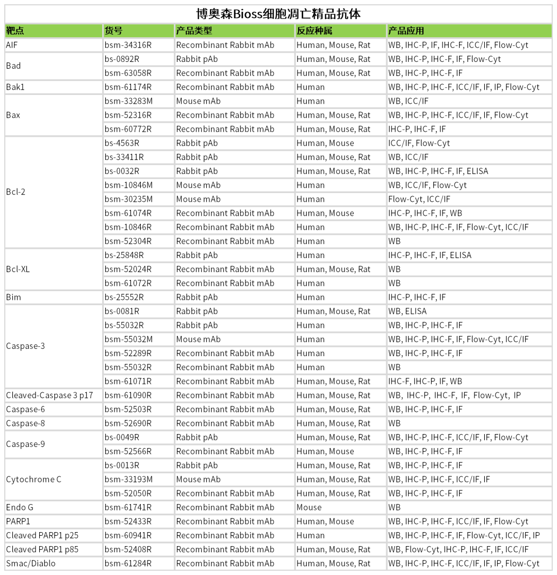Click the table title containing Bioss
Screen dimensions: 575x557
(278, 13)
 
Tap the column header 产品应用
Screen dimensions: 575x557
(406, 31)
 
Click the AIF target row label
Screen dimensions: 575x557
(12, 45)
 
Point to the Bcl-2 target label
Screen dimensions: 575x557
(15, 192)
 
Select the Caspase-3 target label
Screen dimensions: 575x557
(25, 346)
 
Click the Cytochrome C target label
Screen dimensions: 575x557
(34, 480)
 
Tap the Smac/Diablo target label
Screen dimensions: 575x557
(30, 564)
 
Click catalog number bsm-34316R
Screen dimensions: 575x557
(128, 45)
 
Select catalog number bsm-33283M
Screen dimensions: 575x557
(129, 101)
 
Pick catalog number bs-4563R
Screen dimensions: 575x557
(122, 143)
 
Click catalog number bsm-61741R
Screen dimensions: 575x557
(128, 507)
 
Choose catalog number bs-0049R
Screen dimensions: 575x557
(122, 437)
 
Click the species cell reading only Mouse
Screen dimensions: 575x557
(309, 507)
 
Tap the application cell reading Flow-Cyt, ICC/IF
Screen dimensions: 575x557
(419, 199)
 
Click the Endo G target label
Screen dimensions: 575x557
(20, 507)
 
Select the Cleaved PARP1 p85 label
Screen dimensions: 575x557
(42, 549)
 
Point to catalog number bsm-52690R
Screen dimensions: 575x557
(128, 423)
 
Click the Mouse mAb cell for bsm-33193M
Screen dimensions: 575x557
(199, 480)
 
